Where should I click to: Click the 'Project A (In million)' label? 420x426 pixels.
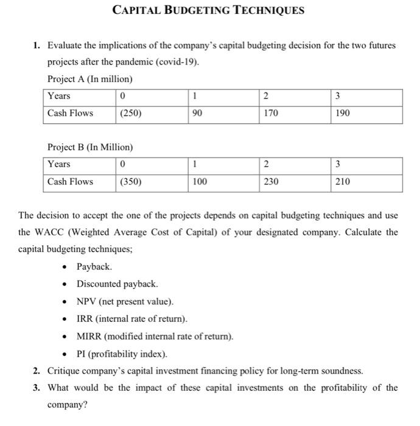click(x=89, y=79)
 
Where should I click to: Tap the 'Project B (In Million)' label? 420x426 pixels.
click(x=89, y=147)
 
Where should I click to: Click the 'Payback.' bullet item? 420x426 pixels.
click(x=94, y=267)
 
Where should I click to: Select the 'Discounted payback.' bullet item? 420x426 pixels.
click(x=117, y=284)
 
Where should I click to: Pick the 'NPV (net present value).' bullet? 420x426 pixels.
click(x=125, y=301)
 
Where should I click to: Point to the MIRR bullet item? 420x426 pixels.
click(x=155, y=337)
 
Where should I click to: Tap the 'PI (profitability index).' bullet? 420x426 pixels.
click(x=122, y=354)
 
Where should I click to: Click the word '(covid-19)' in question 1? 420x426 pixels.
click(x=178, y=63)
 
